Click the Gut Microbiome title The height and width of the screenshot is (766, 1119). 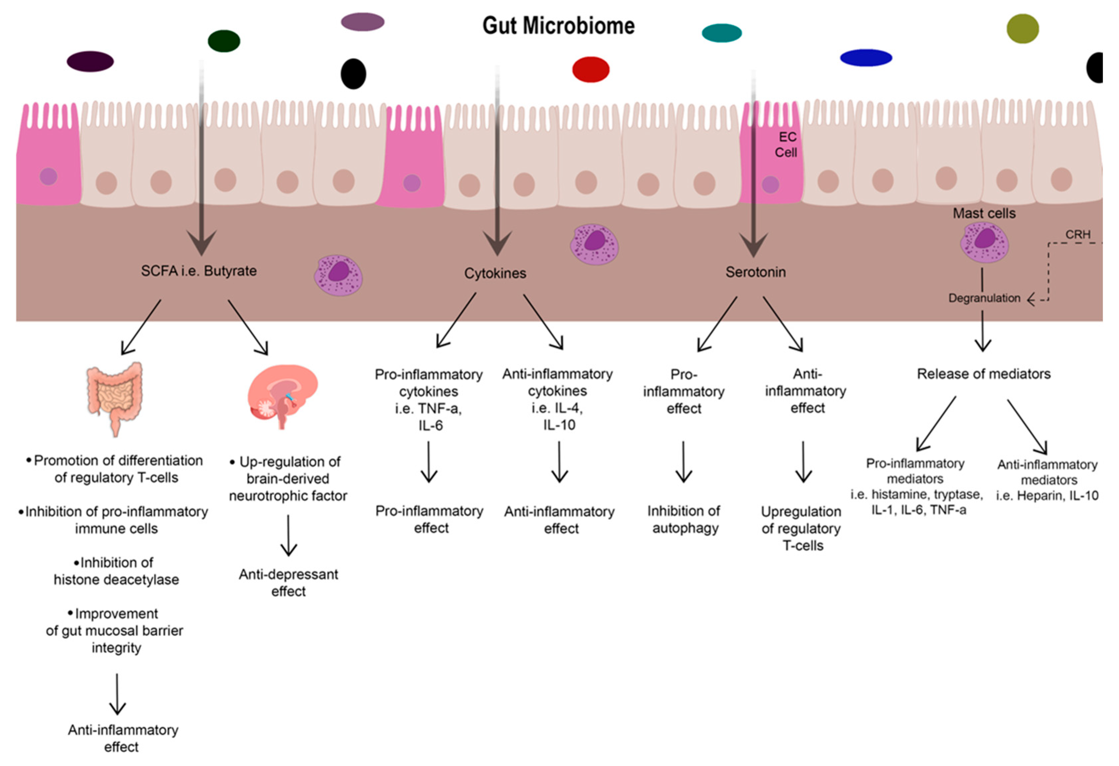tap(559, 26)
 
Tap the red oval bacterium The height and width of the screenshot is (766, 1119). tap(590, 69)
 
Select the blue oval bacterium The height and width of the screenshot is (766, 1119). tap(866, 58)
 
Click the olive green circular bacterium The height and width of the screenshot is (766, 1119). tap(1022, 29)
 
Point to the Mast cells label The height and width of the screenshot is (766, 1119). tap(984, 213)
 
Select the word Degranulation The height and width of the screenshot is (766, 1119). tap(984, 298)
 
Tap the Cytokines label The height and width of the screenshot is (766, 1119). tap(495, 273)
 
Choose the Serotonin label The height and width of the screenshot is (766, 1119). tap(755, 272)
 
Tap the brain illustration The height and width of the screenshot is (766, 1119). tap(283, 394)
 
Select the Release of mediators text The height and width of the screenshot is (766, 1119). tap(983, 374)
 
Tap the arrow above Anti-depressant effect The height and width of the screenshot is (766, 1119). tap(288, 535)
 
